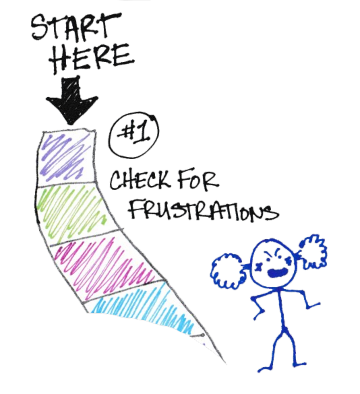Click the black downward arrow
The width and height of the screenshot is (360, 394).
(x=71, y=100)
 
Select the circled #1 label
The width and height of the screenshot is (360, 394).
(x=134, y=135)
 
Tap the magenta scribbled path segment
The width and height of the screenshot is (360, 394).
(x=106, y=266)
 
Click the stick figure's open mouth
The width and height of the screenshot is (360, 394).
(x=277, y=273)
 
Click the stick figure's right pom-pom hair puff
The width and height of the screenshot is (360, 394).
(x=313, y=252)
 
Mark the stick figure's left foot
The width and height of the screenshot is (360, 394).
(x=265, y=369)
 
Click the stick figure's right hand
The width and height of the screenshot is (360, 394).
(x=314, y=305)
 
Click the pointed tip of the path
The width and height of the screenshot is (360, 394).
(x=225, y=363)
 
